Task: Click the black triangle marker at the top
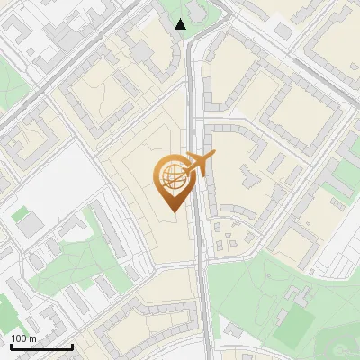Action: click(181, 24)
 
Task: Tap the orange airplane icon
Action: click(199, 165)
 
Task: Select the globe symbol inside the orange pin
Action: click(171, 177)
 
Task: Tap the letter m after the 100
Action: click(33, 338)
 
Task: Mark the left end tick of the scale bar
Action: click(10, 346)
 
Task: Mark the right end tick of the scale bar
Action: click(72, 346)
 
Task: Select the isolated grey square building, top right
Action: click(283, 31)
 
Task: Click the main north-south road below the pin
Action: click(204, 297)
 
